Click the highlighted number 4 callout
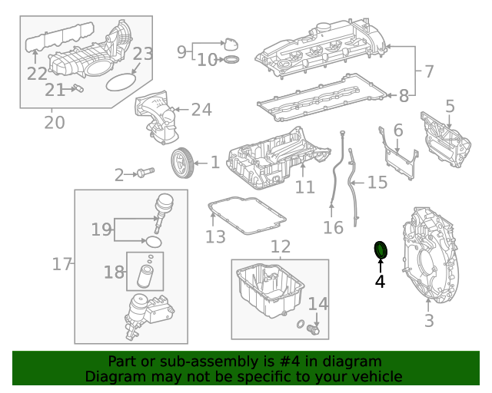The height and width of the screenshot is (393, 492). point(380,282)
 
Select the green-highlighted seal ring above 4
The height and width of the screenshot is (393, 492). point(380,250)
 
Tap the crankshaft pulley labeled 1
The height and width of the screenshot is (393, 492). point(180,162)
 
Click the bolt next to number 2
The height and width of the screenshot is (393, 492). point(143,173)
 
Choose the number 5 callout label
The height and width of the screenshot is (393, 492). point(450,107)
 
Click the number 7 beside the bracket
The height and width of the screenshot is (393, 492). point(428,71)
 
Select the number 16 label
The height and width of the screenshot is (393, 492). point(332,227)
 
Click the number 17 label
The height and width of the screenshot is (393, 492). point(61,265)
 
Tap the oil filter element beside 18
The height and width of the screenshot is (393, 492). point(145,275)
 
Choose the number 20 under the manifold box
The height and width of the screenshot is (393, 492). point(54,122)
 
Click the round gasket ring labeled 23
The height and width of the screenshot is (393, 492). point(118,80)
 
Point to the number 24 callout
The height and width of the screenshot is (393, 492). point(201,110)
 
